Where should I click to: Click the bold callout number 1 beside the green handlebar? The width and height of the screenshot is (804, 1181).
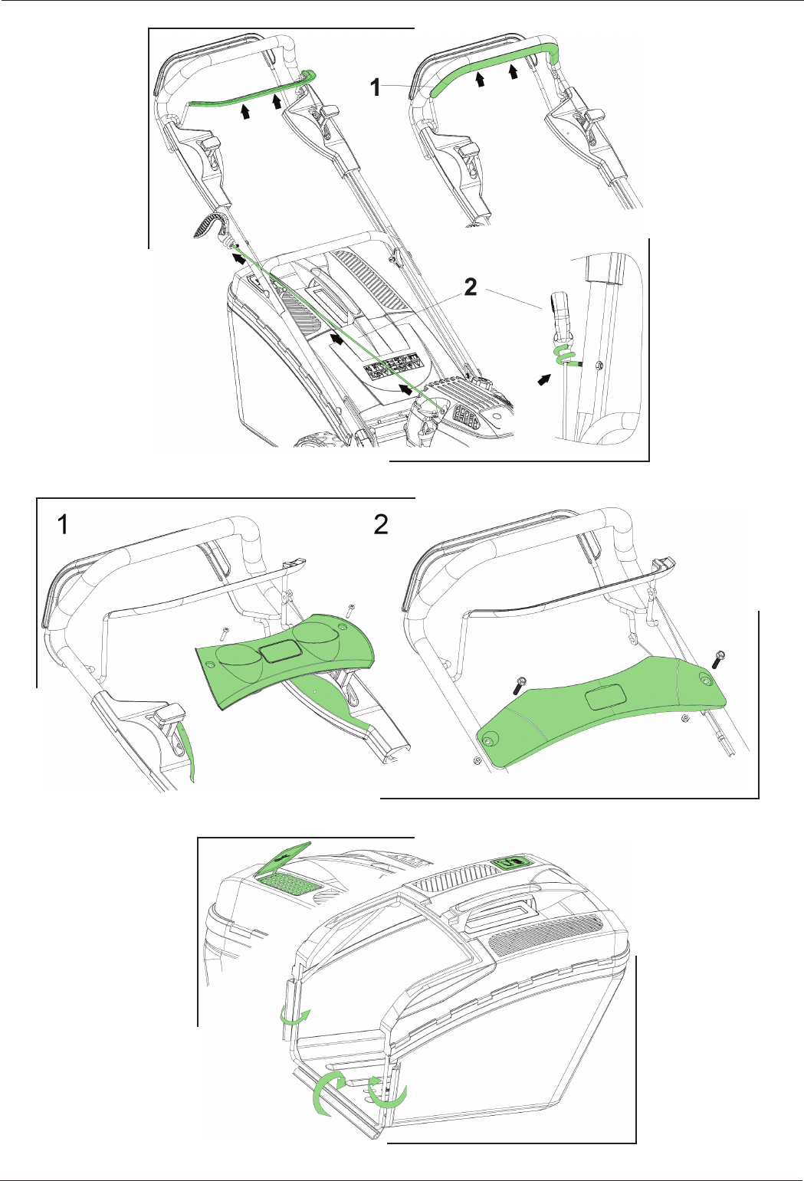[x=376, y=87]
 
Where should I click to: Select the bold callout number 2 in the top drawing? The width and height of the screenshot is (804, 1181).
[x=470, y=287]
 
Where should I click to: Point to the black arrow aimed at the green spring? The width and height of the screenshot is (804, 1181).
[x=546, y=379]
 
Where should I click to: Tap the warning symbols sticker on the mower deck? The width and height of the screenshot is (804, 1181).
[x=392, y=368]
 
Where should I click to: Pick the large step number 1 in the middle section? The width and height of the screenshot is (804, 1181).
[x=63, y=524]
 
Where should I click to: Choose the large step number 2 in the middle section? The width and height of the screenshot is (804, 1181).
[x=381, y=524]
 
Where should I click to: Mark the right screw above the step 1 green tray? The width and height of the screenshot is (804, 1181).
[x=350, y=612]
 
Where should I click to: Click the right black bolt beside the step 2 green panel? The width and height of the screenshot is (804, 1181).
[x=718, y=660]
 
